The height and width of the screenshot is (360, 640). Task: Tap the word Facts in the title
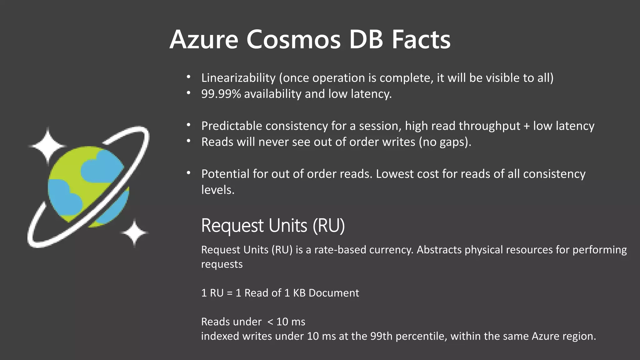pos(421,40)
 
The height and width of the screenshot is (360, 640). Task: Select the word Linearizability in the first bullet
pos(238,78)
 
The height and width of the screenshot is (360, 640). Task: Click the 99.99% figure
pos(221,94)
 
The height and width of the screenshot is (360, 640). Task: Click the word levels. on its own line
pos(217,190)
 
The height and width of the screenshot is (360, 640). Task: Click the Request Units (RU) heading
pos(273,226)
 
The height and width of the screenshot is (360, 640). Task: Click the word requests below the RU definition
pos(222,264)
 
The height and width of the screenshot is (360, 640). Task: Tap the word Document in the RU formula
pos(334,293)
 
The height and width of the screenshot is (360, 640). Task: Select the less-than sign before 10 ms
pos(270,322)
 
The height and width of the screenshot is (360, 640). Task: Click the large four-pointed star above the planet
pos(48,146)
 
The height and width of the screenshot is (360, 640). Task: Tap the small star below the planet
pos(134,233)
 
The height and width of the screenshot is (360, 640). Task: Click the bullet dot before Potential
pos(188,173)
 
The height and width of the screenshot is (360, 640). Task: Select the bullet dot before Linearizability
pos(188,77)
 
